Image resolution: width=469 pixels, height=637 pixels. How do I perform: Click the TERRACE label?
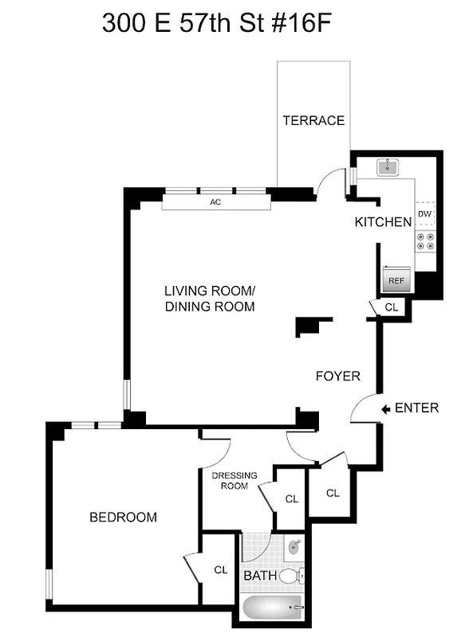pyautogui.click(x=313, y=120)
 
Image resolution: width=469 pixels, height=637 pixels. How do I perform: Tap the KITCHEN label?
pyautogui.click(x=383, y=222)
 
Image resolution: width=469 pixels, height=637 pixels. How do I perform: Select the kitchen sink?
pyautogui.click(x=390, y=166)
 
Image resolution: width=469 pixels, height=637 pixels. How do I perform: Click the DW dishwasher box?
pyautogui.click(x=425, y=214)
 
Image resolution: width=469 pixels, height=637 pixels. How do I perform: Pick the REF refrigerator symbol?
pyautogui.click(x=396, y=279)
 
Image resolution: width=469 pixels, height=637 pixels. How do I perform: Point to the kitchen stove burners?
pyautogui.click(x=425, y=241)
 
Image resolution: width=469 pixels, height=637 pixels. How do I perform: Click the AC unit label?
pyautogui.click(x=215, y=202)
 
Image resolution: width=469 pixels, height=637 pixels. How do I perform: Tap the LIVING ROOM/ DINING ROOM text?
pyautogui.click(x=209, y=298)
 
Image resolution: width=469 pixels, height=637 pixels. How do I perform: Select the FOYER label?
pyautogui.click(x=337, y=376)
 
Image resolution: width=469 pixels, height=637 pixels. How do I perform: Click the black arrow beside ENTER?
pyautogui.click(x=385, y=408)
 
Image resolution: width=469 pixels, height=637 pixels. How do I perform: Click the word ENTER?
pyautogui.click(x=416, y=408)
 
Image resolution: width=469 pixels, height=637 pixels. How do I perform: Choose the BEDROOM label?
pyautogui.click(x=123, y=517)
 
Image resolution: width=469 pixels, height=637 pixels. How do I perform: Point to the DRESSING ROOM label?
pyautogui.click(x=235, y=481)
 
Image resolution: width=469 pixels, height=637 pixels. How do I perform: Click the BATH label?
pyautogui.click(x=259, y=575)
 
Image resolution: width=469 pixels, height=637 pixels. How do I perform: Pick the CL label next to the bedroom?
pyautogui.click(x=219, y=569)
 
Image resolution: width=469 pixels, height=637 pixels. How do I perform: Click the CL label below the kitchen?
pyautogui.click(x=391, y=307)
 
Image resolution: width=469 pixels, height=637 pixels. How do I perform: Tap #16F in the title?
pyautogui.click(x=298, y=23)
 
